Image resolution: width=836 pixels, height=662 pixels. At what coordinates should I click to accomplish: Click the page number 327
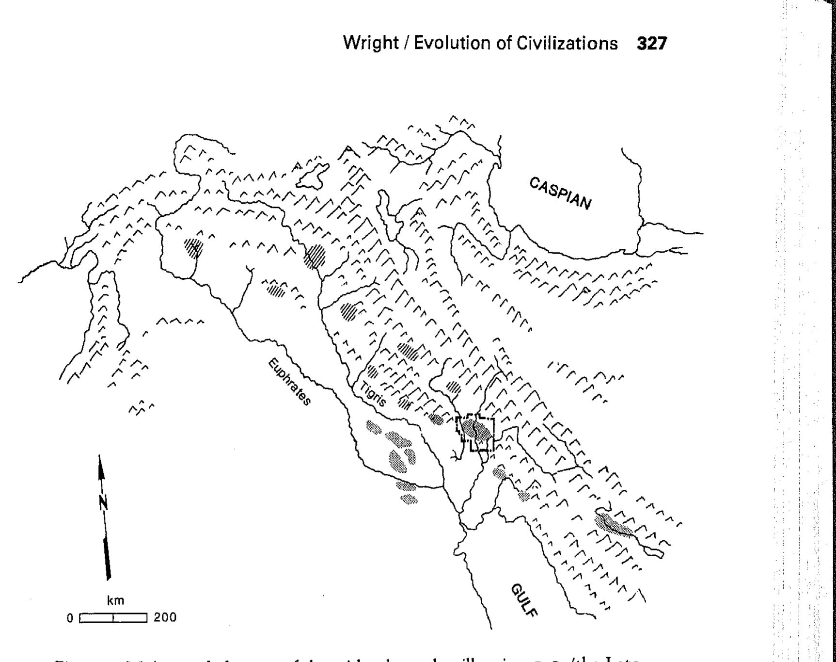click(x=652, y=44)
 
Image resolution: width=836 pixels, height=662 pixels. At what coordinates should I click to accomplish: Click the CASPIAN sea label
click(x=560, y=193)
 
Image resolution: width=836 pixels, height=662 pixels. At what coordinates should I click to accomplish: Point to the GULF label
click(x=524, y=600)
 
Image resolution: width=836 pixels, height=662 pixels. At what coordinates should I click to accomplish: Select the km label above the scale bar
click(x=115, y=601)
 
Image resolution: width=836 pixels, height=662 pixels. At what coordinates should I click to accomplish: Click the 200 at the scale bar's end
click(x=165, y=618)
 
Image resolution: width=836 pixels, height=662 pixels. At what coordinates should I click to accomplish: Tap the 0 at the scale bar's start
click(x=70, y=618)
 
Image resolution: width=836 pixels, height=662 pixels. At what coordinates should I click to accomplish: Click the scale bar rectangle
click(x=113, y=618)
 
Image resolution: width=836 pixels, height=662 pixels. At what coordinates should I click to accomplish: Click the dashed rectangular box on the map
click(x=476, y=433)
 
